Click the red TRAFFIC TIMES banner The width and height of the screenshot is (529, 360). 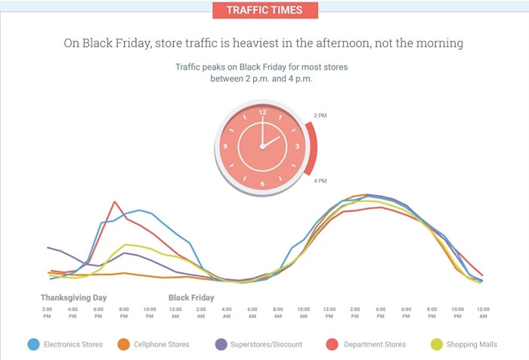264,11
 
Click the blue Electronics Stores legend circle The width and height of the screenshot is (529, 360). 33,344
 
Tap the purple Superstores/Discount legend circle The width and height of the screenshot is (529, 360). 222,344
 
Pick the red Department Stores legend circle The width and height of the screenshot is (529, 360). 330,344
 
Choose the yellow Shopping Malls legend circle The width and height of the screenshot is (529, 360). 438,344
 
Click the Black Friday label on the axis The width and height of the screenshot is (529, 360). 191,298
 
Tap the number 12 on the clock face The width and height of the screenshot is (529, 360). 263,113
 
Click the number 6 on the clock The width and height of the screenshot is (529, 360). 263,183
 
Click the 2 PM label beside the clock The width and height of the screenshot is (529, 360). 320,116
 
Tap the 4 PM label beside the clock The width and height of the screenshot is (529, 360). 320,181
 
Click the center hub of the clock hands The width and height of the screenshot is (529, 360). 262,147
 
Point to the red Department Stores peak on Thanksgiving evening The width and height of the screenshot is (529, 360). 114,202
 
